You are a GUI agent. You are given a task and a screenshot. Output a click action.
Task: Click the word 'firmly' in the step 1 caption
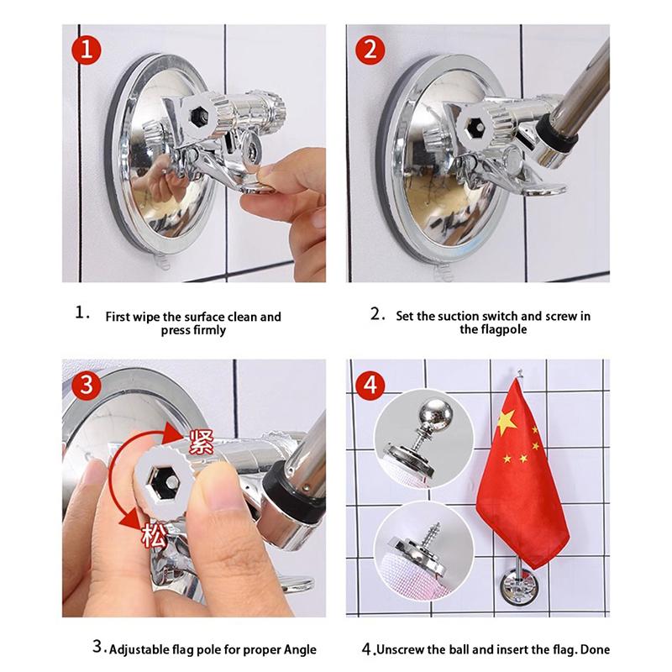pyautogui.click(x=208, y=331)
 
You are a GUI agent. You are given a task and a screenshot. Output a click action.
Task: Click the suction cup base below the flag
pyautogui.click(x=518, y=585)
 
